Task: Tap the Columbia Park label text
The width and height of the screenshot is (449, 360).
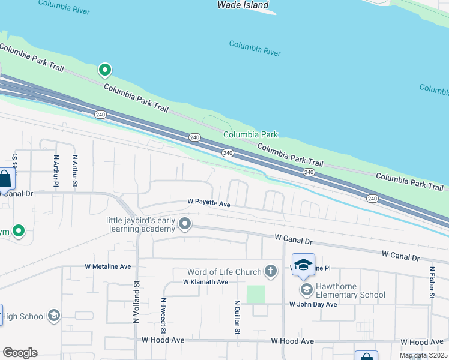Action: (250, 135)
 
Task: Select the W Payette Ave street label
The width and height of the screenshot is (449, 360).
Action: (209, 204)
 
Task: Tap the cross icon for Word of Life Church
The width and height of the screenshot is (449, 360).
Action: (271, 271)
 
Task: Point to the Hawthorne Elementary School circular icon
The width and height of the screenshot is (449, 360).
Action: (306, 290)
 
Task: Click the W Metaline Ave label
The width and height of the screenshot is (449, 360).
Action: (108, 266)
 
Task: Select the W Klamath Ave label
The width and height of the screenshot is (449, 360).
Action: (205, 281)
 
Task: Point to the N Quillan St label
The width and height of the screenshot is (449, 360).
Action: (238, 317)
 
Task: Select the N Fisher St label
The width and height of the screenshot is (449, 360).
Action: (431, 283)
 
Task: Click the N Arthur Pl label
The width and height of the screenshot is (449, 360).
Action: (56, 171)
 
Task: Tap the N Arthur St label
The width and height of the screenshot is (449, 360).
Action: (75, 171)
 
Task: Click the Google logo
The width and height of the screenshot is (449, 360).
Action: (20, 353)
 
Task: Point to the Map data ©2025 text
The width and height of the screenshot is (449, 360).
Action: (422, 355)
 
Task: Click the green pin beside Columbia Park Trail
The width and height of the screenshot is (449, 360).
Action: (105, 71)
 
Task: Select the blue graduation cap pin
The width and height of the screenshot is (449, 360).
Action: (304, 265)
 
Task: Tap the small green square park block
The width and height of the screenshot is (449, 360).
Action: (256, 294)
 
